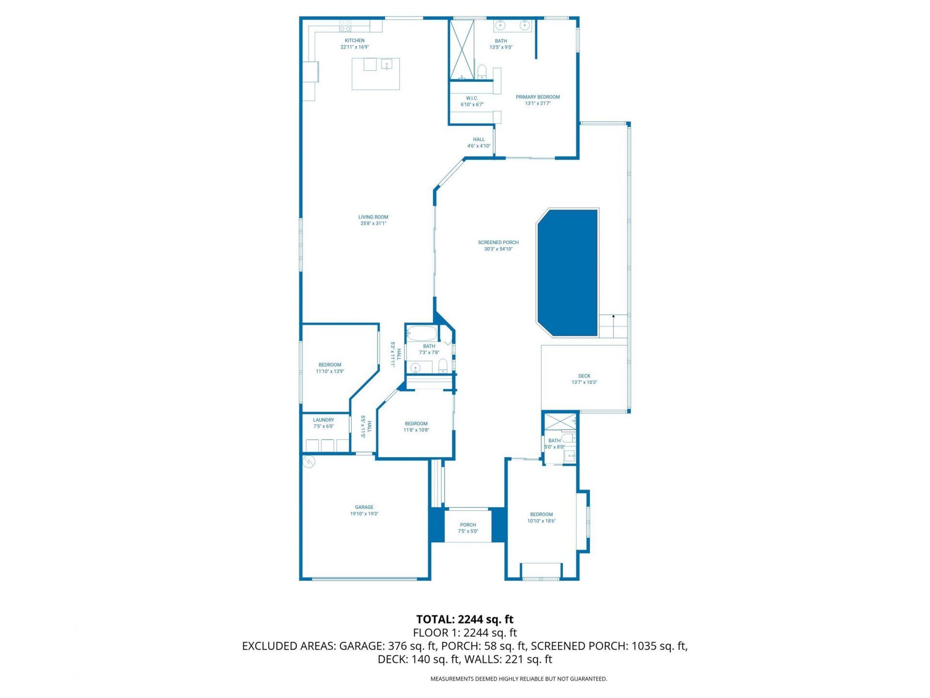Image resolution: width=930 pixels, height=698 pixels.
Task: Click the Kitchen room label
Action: click(x=355, y=41)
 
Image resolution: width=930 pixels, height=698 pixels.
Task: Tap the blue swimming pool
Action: click(x=568, y=272)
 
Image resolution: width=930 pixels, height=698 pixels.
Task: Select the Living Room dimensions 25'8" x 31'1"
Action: click(x=373, y=224)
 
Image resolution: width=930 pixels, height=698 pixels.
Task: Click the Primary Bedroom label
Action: click(x=537, y=97)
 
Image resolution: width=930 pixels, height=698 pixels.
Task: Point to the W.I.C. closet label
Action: click(x=472, y=98)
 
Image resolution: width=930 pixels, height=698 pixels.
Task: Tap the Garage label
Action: click(x=364, y=507)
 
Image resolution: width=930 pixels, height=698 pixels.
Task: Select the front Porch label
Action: click(x=468, y=524)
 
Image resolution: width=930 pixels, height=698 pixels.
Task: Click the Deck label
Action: click(x=584, y=376)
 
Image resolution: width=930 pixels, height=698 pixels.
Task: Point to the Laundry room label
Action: click(x=323, y=420)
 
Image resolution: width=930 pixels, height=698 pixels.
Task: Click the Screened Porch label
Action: click(x=498, y=242)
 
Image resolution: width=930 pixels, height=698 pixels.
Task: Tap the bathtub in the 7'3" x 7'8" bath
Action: click(x=421, y=333)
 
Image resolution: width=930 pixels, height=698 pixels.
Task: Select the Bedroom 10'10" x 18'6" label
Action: click(x=541, y=514)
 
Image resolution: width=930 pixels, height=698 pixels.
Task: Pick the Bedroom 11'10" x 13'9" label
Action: click(x=330, y=365)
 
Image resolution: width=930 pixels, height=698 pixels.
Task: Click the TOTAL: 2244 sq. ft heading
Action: click(x=465, y=619)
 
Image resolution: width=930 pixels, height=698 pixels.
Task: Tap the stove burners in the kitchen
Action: click(x=345, y=25)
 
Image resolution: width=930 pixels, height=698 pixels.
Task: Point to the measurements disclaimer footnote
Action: click(x=518, y=679)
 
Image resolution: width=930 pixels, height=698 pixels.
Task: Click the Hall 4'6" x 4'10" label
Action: click(x=479, y=140)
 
